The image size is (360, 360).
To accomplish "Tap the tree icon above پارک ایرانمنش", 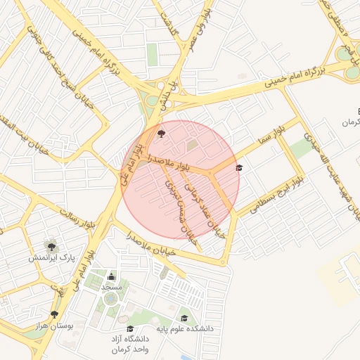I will point(51,246).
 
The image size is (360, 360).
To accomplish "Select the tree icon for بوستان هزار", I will point(54,314).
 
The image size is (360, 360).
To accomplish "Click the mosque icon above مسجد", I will point(112,276).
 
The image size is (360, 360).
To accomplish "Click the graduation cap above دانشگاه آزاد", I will point(129,328).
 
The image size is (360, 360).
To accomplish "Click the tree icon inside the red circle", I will point(162,132).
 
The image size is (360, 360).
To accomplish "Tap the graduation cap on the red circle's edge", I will point(239,167).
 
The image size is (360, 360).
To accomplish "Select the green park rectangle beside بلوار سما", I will point(302,148).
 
